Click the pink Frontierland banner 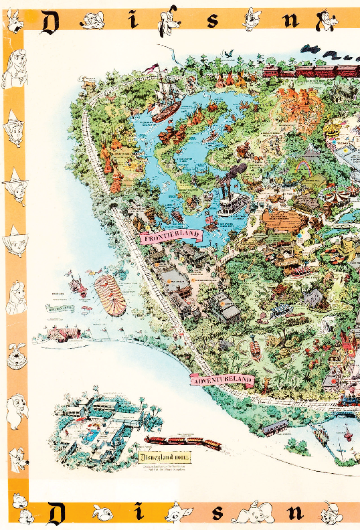pos(171,235)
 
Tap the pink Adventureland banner pos(223,381)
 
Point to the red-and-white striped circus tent pos(110,295)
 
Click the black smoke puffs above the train pos(328,50)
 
